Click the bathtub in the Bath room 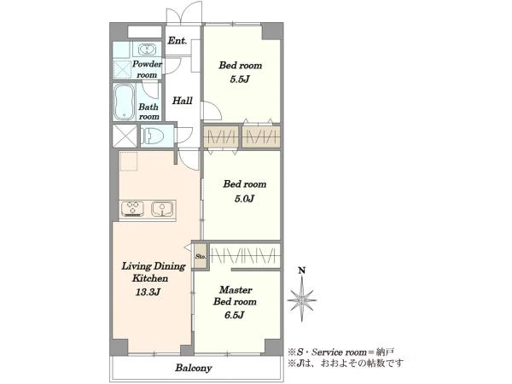click(x=124, y=102)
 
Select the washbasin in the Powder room click(x=147, y=50)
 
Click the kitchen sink click(x=162, y=209)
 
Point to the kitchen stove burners click(x=132, y=209)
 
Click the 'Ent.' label click(x=177, y=41)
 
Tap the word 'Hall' click(x=183, y=100)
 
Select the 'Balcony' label click(x=194, y=368)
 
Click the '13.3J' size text click(x=148, y=292)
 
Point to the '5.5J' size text click(x=240, y=79)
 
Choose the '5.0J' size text click(x=244, y=199)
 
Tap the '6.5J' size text click(x=235, y=315)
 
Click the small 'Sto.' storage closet click(x=201, y=256)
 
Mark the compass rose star click(x=302, y=300)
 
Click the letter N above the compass click(x=302, y=271)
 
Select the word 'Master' click(x=236, y=289)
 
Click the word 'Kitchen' click(x=150, y=278)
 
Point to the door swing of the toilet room click(x=183, y=135)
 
